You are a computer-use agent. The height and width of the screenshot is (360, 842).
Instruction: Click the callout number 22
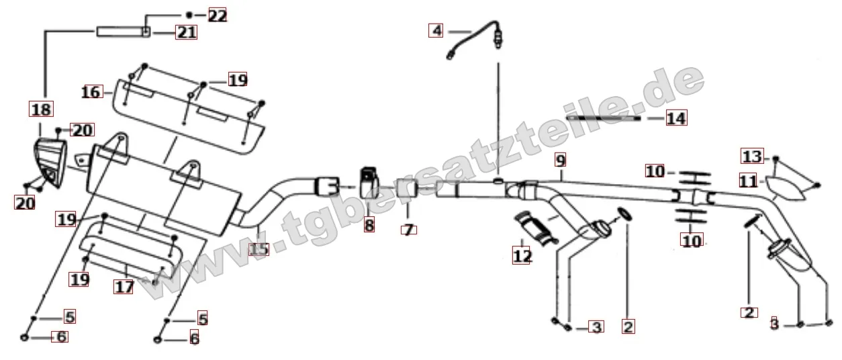(x=218, y=16)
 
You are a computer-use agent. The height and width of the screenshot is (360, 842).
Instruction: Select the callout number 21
(x=187, y=32)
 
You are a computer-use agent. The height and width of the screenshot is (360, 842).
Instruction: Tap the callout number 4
(x=436, y=30)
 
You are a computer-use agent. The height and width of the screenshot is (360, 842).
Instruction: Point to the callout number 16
(x=91, y=92)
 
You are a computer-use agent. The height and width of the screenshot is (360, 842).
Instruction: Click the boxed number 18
(x=42, y=109)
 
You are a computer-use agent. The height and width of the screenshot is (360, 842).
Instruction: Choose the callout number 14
(x=676, y=118)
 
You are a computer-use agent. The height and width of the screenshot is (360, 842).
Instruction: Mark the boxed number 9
(x=561, y=161)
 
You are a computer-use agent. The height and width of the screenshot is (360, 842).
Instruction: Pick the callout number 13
(x=753, y=156)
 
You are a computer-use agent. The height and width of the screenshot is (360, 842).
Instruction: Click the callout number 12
(x=522, y=256)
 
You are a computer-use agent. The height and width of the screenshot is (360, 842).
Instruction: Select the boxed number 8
(x=369, y=225)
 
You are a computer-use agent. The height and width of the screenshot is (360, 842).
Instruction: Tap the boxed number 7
(x=409, y=230)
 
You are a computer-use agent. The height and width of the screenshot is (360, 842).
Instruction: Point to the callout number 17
(x=124, y=287)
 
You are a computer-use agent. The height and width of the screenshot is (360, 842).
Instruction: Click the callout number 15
(x=259, y=249)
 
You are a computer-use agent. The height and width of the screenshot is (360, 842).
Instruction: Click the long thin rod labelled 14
(x=604, y=118)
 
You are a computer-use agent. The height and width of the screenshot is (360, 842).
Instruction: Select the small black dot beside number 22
(x=189, y=15)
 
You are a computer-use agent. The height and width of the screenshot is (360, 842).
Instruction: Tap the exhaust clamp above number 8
(x=369, y=183)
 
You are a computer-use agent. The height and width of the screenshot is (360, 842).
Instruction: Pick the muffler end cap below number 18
(x=50, y=163)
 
